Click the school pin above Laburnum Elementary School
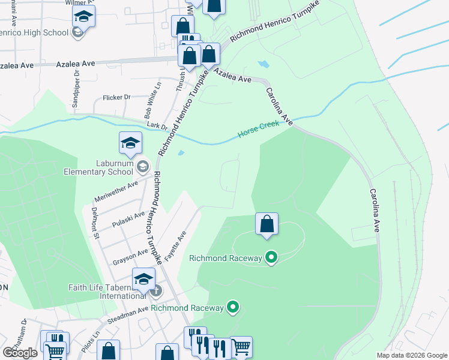coord(130,143)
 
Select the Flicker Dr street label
coord(116,97)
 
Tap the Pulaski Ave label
coord(129,220)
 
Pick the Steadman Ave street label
coord(127,313)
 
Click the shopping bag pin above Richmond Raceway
coord(267,224)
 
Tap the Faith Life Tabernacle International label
coord(106,292)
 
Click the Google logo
coord(20,353)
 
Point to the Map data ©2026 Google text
coord(412,355)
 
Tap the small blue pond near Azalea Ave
coord(263,64)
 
